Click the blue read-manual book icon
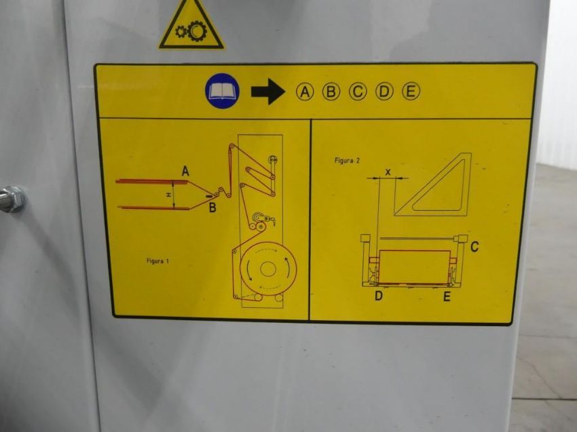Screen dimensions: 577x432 (222, 91)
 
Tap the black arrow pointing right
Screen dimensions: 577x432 (268, 92)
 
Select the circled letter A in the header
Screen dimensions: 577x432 (305, 92)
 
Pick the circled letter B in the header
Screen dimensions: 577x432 (331, 92)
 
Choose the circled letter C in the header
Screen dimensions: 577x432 (358, 92)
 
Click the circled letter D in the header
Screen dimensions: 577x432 (384, 92)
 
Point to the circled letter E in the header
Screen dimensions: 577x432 (411, 92)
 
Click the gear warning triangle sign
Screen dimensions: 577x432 (191, 25)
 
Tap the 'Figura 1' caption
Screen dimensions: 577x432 (157, 261)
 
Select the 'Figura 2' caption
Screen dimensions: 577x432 (347, 160)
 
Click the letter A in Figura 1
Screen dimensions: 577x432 (185, 171)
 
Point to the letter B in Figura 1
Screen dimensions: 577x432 (212, 208)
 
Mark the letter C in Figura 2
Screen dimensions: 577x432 (474, 246)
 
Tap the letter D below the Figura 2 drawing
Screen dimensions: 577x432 (379, 296)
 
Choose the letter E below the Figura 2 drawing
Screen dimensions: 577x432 (447, 296)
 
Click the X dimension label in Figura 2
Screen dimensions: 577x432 (388, 172)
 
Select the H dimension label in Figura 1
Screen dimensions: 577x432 (169, 195)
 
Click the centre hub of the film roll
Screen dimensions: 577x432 (268, 269)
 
